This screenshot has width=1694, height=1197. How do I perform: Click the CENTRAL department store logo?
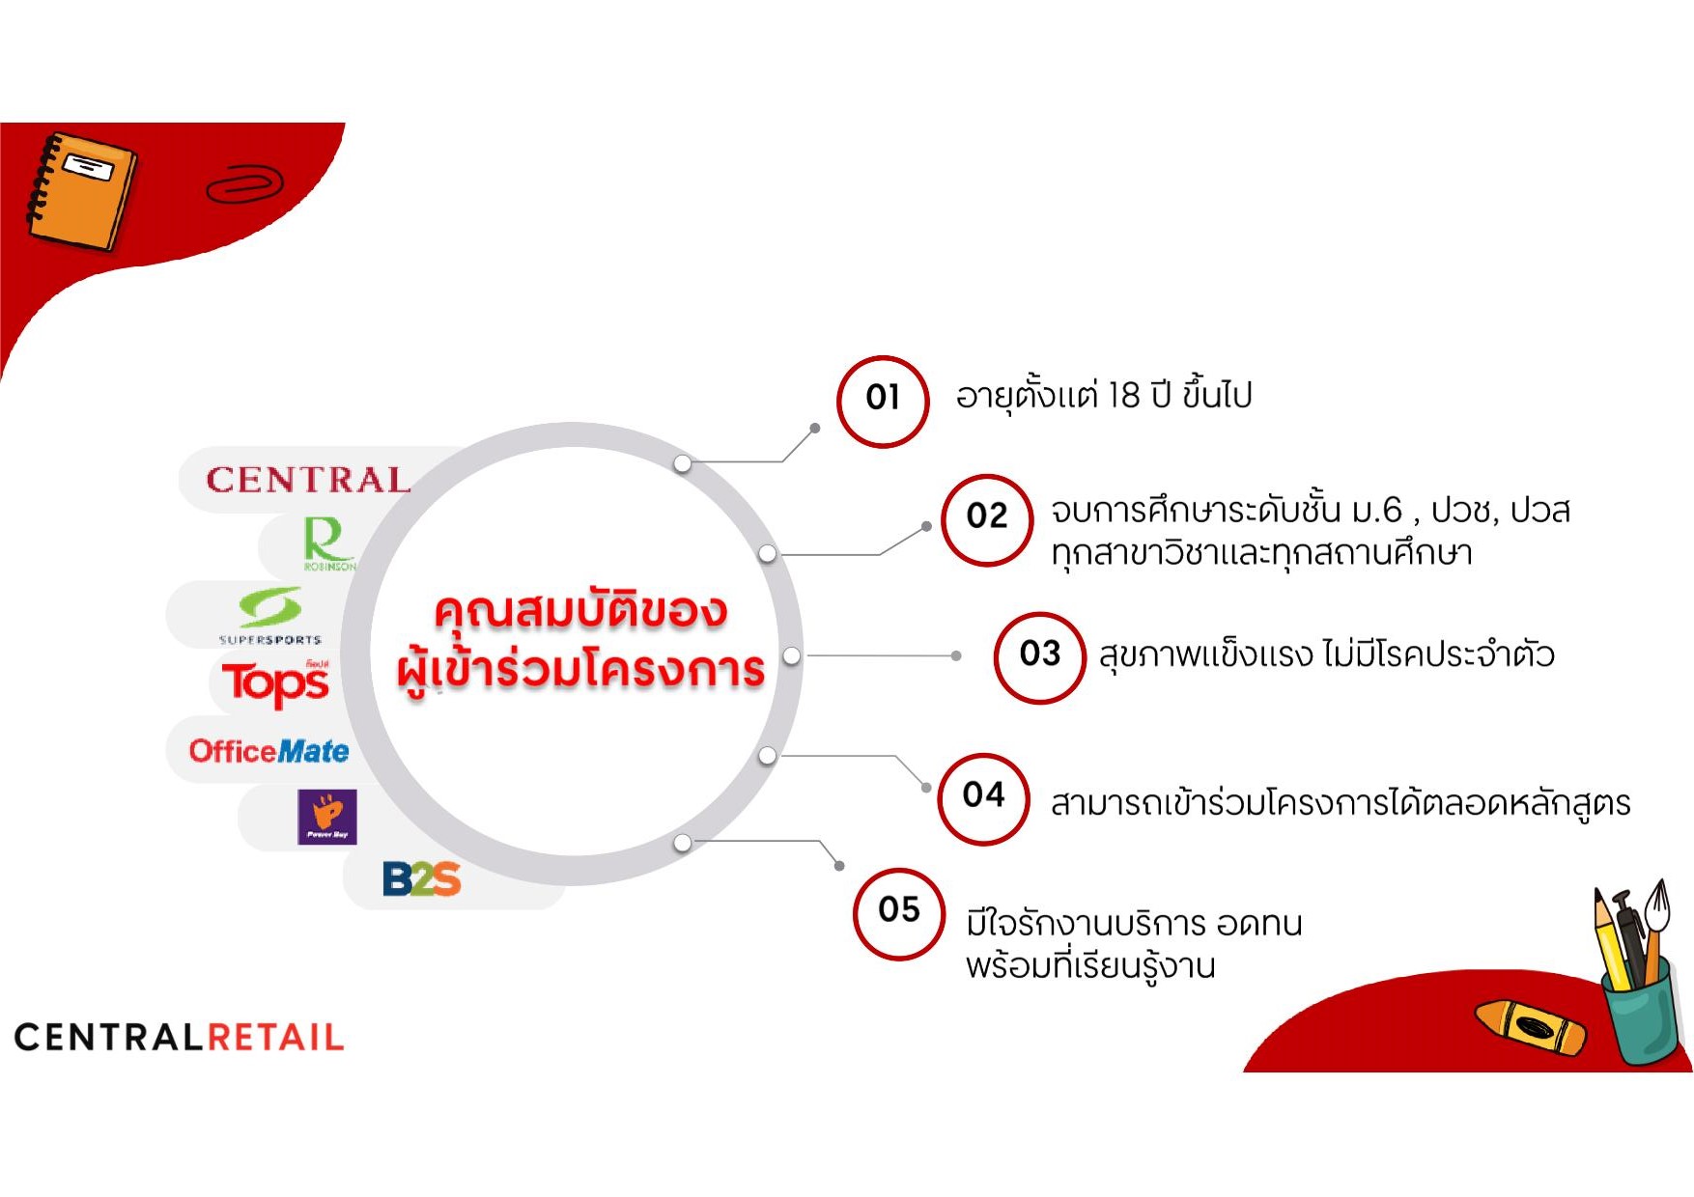tap(308, 480)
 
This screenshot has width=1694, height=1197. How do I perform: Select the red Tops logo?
tap(276, 682)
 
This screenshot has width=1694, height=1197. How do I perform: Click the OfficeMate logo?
tap(268, 751)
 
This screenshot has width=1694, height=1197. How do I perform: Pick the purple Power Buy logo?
tap(327, 817)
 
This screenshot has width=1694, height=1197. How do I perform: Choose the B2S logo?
tap(422, 878)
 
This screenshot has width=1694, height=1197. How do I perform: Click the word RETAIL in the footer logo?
tap(276, 1038)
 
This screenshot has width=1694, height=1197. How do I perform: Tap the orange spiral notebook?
tap(81, 190)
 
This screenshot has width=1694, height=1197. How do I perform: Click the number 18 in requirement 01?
tap(1124, 396)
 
